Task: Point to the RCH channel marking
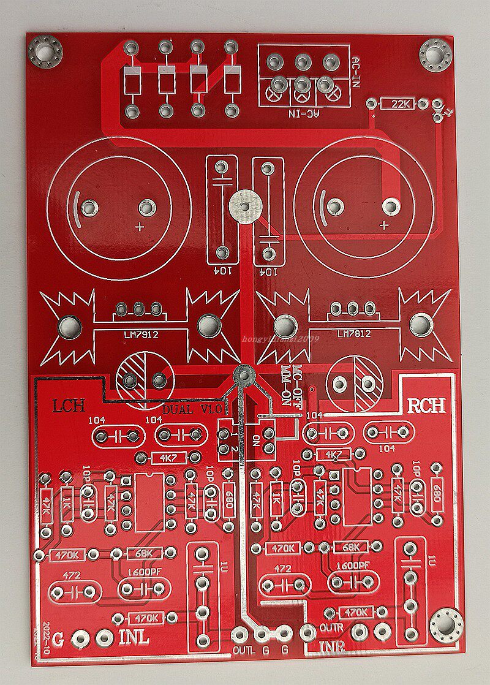tap(426, 406)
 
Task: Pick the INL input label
tap(134, 637)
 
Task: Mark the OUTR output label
tap(331, 627)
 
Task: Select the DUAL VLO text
tap(195, 407)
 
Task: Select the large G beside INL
tap(58, 638)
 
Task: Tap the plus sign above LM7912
tap(140, 227)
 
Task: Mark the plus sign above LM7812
tap(384, 225)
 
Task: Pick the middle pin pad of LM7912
tap(140, 308)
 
